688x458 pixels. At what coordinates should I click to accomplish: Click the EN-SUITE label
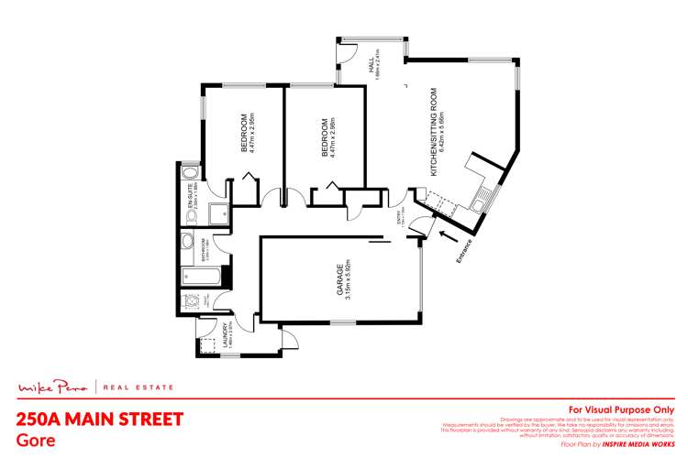pyautogui.click(x=189, y=198)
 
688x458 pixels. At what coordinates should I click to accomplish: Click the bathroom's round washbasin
pyautogui.click(x=187, y=242)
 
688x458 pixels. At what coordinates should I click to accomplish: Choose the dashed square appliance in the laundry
pyautogui.click(x=204, y=345)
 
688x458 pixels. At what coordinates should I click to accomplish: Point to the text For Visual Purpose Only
pyautogui.click(x=622, y=409)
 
